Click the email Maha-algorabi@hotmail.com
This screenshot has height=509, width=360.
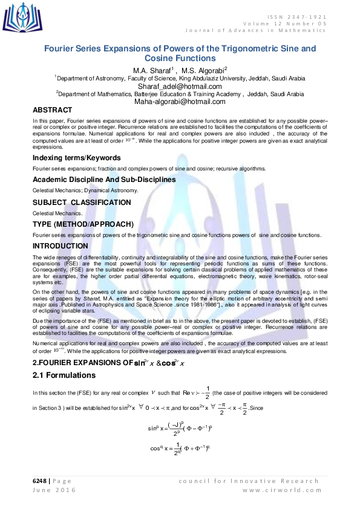pos(180,102)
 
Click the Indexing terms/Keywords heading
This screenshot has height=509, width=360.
pos(76,158)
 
